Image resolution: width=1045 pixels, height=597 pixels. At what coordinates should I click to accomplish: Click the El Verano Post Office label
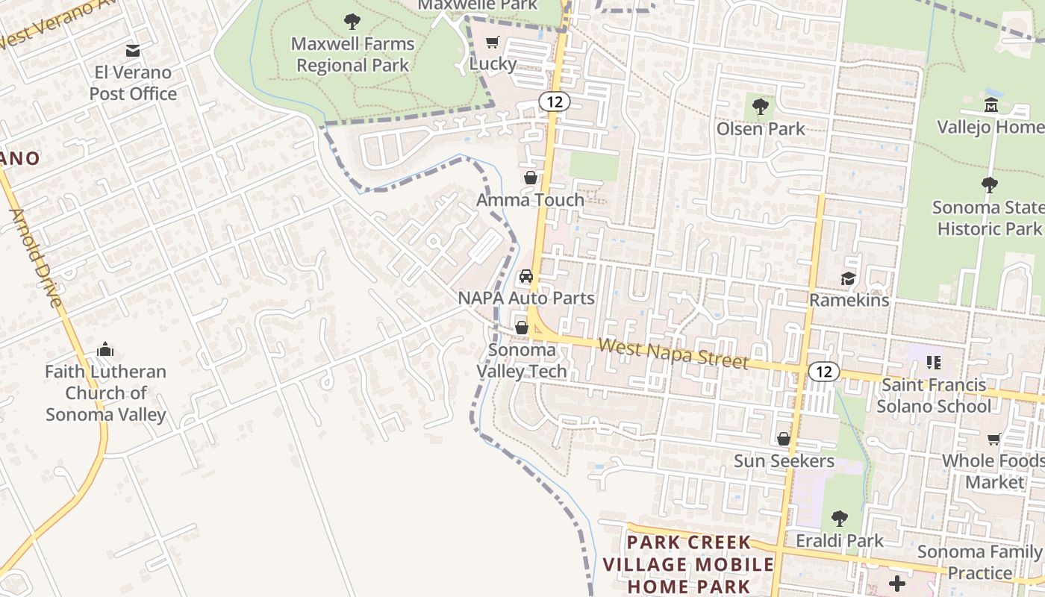[x=133, y=83]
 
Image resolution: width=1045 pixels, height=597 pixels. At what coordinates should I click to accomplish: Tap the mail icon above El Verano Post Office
[x=133, y=50]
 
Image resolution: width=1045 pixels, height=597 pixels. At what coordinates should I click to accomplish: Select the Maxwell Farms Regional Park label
[x=352, y=54]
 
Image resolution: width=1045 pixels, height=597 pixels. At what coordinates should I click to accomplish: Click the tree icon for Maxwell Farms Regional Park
[x=352, y=21]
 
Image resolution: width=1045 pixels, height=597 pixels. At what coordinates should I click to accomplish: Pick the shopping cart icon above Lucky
[x=492, y=43]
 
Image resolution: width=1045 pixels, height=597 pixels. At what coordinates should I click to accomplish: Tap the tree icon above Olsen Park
[x=761, y=107]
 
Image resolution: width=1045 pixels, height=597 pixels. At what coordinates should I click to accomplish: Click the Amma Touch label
[x=530, y=199]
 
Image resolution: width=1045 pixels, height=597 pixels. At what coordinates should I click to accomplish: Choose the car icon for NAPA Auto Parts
[x=526, y=277]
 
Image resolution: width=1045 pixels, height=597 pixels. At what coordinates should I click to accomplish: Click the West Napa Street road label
[x=673, y=353]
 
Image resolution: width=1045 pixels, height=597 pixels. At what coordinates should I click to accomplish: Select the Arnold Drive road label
[x=35, y=257]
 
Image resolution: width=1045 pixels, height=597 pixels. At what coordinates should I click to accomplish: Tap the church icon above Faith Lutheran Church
[x=105, y=349]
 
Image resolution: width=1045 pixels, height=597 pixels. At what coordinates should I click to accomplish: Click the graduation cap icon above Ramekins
[x=849, y=278]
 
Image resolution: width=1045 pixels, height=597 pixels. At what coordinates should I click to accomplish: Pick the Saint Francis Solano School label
[x=934, y=396]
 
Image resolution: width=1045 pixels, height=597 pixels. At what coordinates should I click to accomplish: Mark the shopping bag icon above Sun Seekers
[x=784, y=439]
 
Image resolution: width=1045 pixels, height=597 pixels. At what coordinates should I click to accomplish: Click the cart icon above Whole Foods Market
[x=994, y=439]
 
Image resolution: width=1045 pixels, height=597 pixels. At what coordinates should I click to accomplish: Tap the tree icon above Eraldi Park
[x=840, y=518]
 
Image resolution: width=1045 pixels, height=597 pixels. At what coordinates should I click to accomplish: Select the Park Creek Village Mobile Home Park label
[x=688, y=564]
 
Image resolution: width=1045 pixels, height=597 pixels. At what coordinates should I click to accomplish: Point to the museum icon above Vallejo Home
[x=991, y=105]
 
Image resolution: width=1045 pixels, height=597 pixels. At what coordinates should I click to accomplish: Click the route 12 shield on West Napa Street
[x=823, y=372]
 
